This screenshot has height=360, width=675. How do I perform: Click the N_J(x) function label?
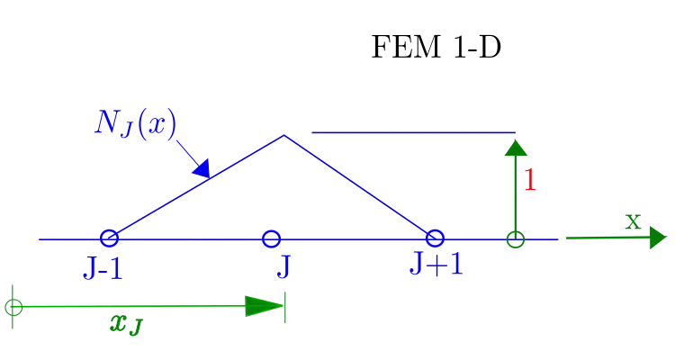[x=136, y=122]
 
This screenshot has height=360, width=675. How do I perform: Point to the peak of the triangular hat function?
[x=286, y=136]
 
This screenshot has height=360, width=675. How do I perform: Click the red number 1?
[x=530, y=180]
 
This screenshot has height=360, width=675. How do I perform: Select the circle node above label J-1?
[x=109, y=238]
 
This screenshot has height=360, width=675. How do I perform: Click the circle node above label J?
[x=270, y=238]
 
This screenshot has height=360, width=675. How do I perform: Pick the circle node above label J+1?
[x=435, y=238]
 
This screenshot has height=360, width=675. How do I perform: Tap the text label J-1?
[x=102, y=267]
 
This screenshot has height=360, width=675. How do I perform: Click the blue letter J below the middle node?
[x=283, y=267]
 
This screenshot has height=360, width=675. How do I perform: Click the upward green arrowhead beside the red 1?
[x=515, y=148]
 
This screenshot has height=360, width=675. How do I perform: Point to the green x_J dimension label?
[x=125, y=324]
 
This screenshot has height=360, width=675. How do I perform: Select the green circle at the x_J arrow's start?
[x=12, y=306]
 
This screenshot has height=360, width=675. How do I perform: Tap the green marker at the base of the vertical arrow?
[x=514, y=240]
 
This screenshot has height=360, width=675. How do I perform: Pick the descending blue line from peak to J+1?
[x=360, y=187]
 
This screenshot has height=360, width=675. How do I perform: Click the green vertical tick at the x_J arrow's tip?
[x=283, y=306]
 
